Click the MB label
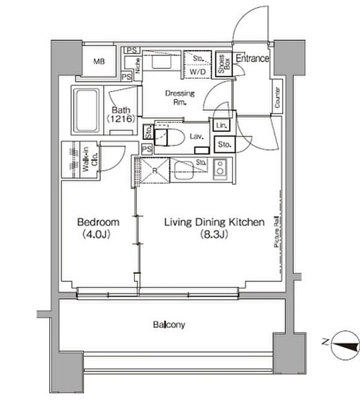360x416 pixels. (99, 62)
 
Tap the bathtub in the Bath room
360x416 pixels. (86, 110)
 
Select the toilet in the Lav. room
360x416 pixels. (170, 137)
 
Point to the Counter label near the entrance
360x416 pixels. (277, 97)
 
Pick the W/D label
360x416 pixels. (197, 72)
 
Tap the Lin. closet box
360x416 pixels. (221, 125)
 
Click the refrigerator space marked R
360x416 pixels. (155, 170)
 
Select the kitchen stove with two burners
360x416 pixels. (220, 167)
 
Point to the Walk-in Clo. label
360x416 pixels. (90, 159)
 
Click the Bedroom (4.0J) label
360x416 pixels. (98, 228)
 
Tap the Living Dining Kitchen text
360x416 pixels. (214, 222)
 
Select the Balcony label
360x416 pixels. (169, 324)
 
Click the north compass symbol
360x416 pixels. (345, 345)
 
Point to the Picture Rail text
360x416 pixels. (277, 232)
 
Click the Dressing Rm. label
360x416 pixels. (179, 97)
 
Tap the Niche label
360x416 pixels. (138, 66)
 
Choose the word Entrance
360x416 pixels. (252, 58)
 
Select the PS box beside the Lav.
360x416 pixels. (147, 149)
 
